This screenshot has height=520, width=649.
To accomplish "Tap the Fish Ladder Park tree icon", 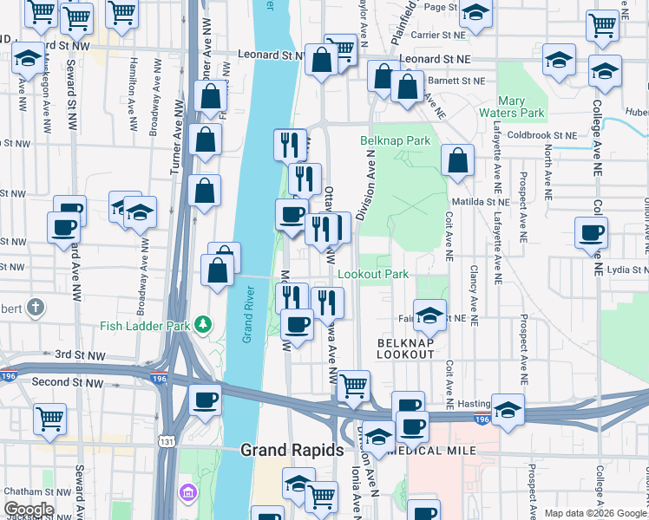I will tap(204, 324).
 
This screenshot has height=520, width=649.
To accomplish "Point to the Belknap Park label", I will tap(396, 140).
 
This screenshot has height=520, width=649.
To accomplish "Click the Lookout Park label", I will tap(372, 274).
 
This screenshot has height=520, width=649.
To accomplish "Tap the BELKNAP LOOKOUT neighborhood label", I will tap(405, 348).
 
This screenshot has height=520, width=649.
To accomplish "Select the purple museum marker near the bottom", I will tap(187, 494).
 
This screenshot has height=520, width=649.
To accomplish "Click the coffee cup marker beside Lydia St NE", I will tap(591, 233).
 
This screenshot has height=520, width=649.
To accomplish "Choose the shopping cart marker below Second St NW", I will tap(49, 419).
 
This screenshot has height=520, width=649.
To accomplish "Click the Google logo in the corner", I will tap(28, 510).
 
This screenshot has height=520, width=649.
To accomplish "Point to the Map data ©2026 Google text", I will tap(594, 513).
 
